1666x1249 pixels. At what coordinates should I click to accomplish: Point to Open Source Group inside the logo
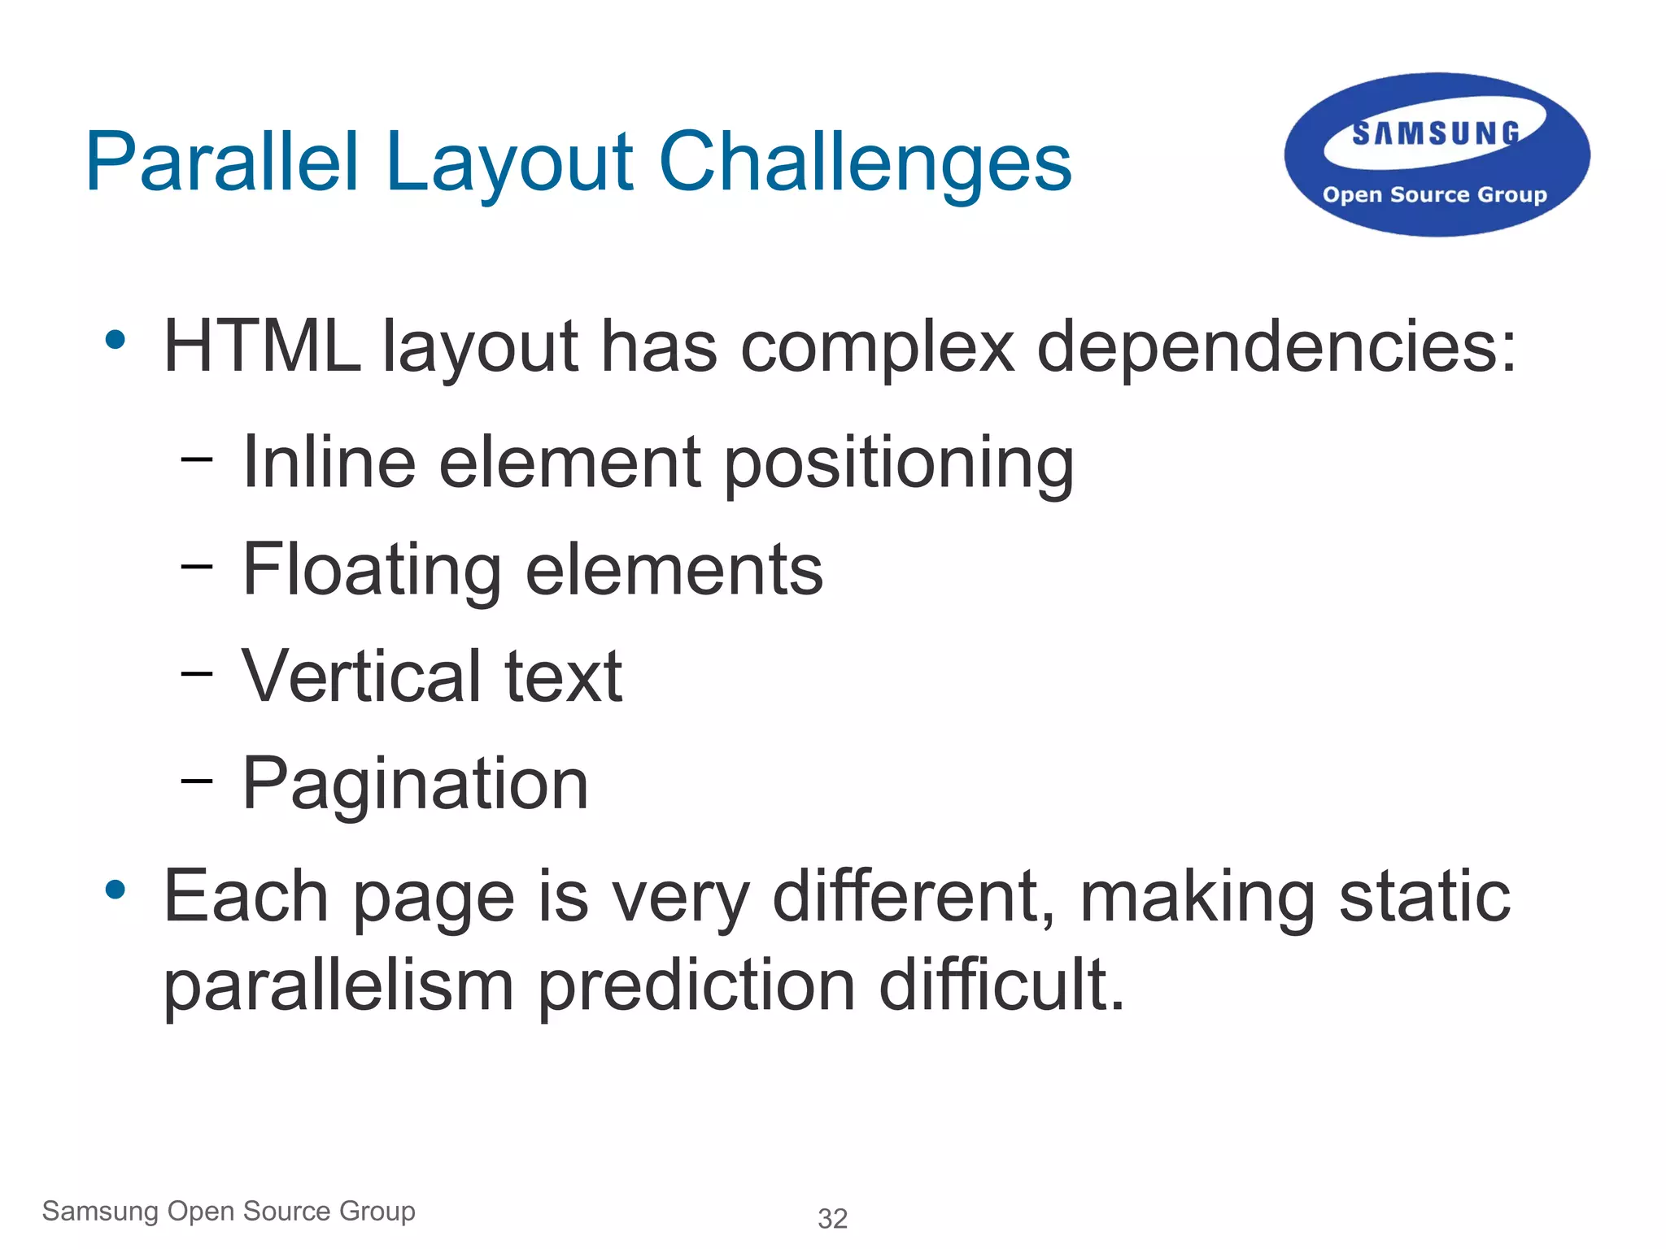point(1434,195)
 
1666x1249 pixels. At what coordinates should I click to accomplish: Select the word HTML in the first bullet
point(262,347)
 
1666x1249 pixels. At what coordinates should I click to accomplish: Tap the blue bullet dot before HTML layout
point(116,340)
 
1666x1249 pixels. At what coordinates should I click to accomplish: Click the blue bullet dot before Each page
point(116,890)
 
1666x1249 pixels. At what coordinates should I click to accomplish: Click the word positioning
point(899,463)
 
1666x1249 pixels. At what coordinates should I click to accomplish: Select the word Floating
point(372,570)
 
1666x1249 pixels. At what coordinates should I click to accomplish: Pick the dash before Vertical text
point(197,674)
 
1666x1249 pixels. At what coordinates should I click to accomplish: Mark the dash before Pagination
point(197,781)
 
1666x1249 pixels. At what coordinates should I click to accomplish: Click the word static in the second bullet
point(1424,896)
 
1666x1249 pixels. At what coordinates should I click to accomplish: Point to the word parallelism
point(338,986)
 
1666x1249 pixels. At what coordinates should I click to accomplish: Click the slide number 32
point(832,1218)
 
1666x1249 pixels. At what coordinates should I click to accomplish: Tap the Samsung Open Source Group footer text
point(229,1211)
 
